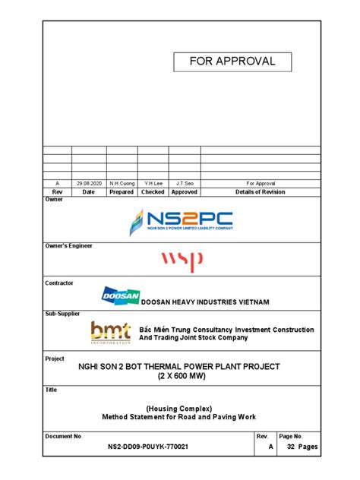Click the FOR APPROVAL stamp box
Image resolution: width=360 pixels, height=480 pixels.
point(232,62)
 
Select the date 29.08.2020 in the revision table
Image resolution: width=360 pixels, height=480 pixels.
point(88,183)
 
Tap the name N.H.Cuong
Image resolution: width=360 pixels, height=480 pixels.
point(122,183)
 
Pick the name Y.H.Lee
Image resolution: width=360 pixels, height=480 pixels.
point(153,183)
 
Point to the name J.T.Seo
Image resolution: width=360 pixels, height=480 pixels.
point(184,183)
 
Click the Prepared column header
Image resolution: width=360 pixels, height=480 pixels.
point(122,192)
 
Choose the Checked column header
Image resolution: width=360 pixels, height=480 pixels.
point(153,192)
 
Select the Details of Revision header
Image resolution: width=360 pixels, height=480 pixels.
point(261,192)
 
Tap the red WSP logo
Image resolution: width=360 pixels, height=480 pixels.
point(182,262)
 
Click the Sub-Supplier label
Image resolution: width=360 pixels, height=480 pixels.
point(62,313)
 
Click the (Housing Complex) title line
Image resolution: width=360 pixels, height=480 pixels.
point(180,407)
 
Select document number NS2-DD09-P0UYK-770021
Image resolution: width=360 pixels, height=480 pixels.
point(149,447)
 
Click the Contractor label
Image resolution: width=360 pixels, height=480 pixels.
point(60,283)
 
